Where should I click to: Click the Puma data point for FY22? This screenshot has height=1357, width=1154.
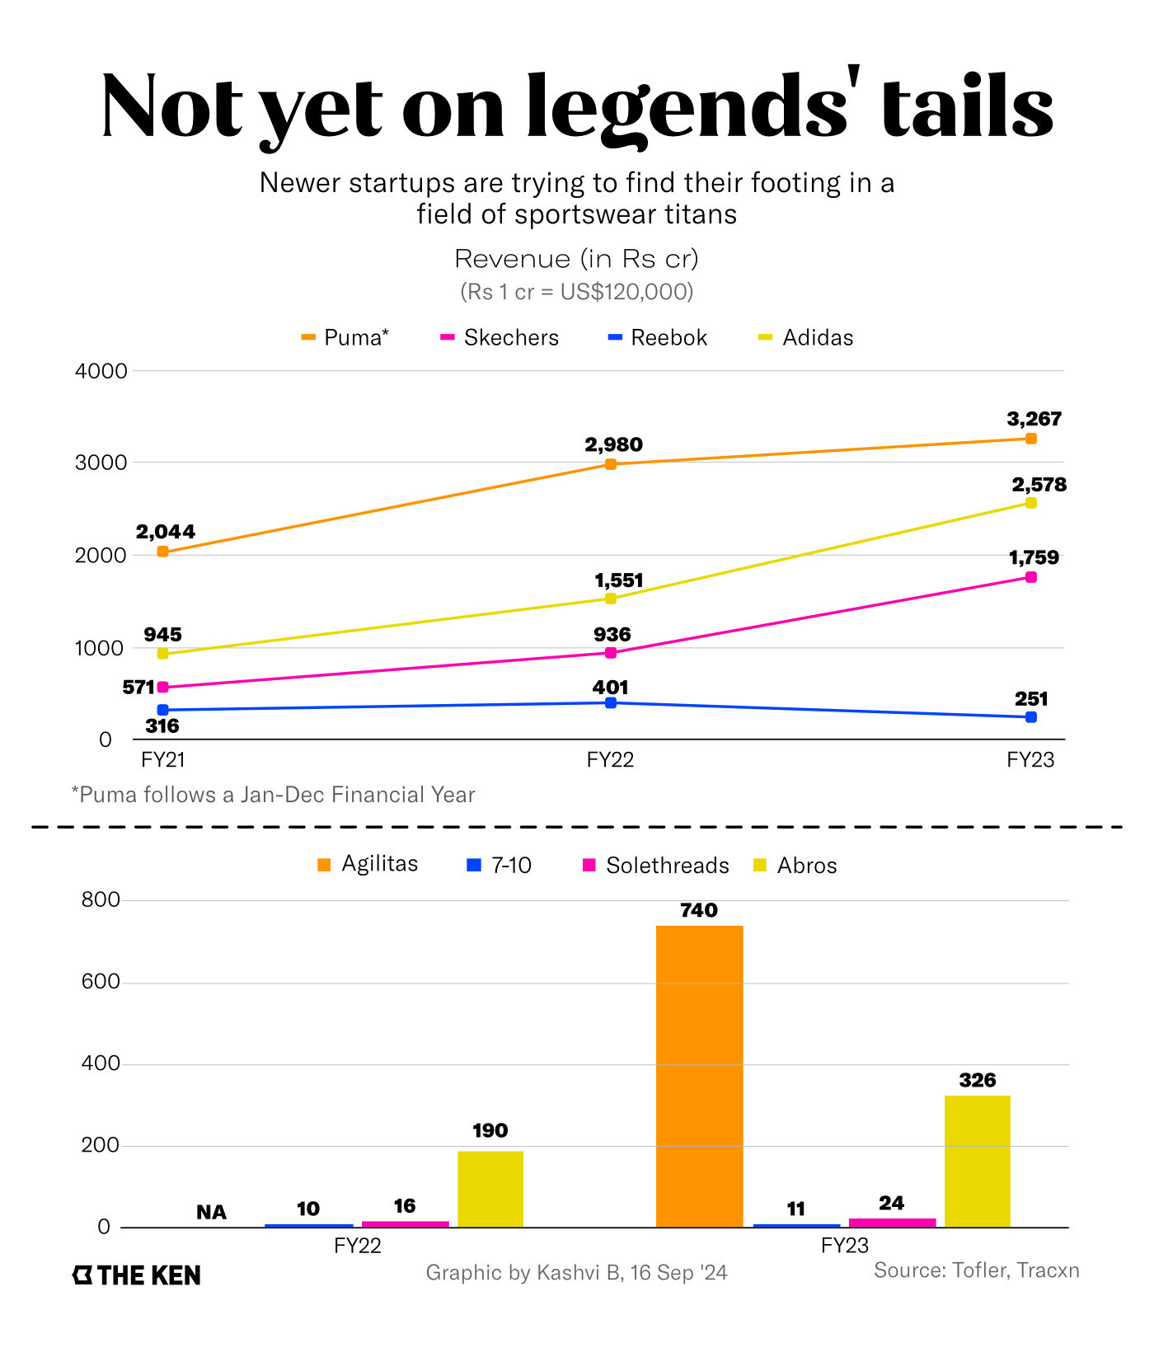(611, 464)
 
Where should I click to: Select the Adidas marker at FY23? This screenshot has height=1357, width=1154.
(1030, 503)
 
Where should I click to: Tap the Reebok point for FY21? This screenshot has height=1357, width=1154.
(162, 710)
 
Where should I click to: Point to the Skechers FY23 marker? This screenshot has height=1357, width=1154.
(1030, 577)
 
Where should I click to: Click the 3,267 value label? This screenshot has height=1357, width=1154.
(1034, 419)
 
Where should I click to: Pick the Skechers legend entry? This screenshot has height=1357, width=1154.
(500, 338)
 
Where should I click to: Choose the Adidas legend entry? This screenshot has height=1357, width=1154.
(806, 338)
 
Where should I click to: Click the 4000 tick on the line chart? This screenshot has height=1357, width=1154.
(101, 371)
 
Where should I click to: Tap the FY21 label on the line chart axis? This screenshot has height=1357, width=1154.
(163, 759)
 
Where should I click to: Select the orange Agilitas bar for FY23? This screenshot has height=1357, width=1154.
(699, 1076)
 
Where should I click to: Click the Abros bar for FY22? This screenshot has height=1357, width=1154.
(490, 1189)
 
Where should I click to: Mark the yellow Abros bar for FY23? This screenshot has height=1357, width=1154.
(977, 1161)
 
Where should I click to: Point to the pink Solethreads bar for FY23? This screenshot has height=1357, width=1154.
(892, 1223)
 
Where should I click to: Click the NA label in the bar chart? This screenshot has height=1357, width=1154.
(211, 1212)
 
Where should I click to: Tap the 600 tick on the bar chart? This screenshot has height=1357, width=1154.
(101, 982)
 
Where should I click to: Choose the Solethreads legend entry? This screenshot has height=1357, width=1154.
(656, 866)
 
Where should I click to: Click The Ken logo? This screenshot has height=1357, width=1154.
(137, 1275)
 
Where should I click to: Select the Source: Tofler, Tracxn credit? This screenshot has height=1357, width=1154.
(976, 1270)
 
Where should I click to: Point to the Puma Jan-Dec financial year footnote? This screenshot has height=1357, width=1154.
(273, 795)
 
